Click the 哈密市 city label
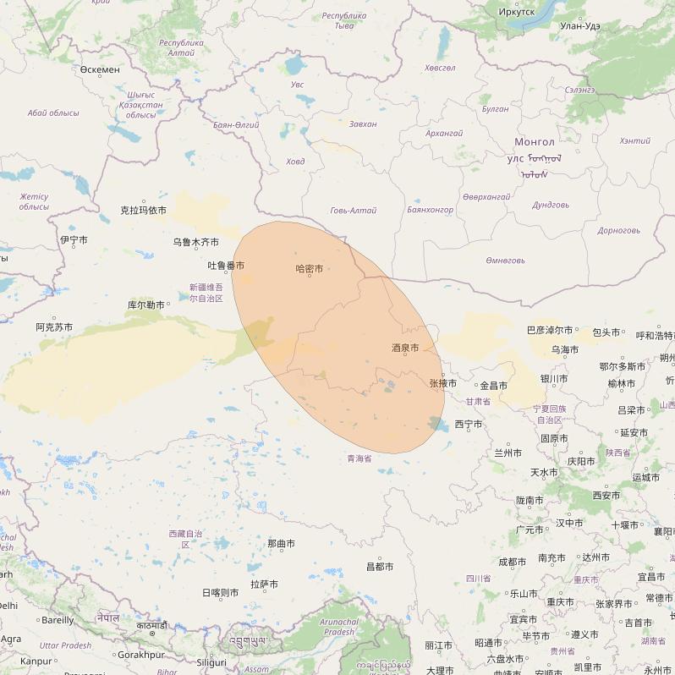pos(310,269)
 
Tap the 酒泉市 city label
pos(405,348)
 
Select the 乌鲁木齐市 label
pos(195,242)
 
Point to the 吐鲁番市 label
pos(226,266)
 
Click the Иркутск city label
pos(517,12)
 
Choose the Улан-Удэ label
pos(580,26)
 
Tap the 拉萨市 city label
pos(265,584)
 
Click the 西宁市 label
pos(468,424)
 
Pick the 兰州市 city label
pos(508,453)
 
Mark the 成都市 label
pos(513,561)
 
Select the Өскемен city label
pos(100,69)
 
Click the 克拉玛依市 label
pos(143,210)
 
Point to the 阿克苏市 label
pos(54,327)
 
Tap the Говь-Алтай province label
pos(353,211)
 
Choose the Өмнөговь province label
pos(505,261)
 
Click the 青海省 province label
pos(359,458)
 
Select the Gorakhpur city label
pos(141,655)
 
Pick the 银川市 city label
pos(553,379)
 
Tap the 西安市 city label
pos(606,496)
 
